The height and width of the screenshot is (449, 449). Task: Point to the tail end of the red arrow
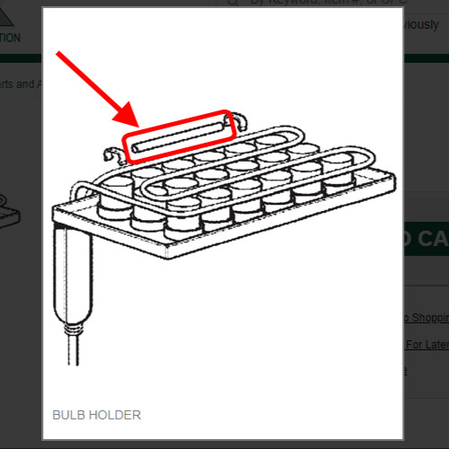point(59,54)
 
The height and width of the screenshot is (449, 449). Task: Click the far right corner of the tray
point(392,180)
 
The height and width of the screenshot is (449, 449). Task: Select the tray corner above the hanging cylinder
point(56,212)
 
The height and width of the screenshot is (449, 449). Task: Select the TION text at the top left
point(11,38)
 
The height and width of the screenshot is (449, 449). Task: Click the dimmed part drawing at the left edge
point(9,211)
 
